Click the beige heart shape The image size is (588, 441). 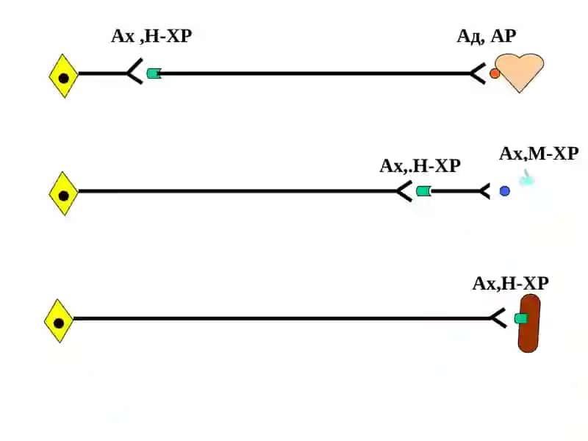pyautogui.click(x=520, y=73)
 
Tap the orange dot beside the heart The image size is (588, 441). pyautogui.click(x=495, y=73)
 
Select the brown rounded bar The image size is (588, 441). pyautogui.click(x=528, y=323)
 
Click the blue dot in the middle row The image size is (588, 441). pyautogui.click(x=505, y=191)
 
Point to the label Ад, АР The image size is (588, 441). pyautogui.click(x=487, y=36)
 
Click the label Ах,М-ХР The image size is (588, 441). pyautogui.click(x=539, y=154)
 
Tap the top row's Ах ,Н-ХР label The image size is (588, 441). pyautogui.click(x=151, y=36)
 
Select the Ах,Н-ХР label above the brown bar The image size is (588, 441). pyautogui.click(x=510, y=284)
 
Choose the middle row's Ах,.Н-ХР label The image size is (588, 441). pyautogui.click(x=420, y=166)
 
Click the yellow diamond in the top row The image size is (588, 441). pyautogui.click(x=63, y=76)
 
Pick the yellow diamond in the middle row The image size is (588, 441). pyautogui.click(x=63, y=193)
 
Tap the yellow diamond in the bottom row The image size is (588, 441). pyautogui.click(x=59, y=321)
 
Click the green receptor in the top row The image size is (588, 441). pyautogui.click(x=154, y=73)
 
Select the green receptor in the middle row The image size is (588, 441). pyautogui.click(x=424, y=191)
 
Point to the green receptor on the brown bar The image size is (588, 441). pyautogui.click(x=521, y=319)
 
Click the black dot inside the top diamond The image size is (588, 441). pyautogui.click(x=63, y=79)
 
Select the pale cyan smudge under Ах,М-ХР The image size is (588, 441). pyautogui.click(x=526, y=178)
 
